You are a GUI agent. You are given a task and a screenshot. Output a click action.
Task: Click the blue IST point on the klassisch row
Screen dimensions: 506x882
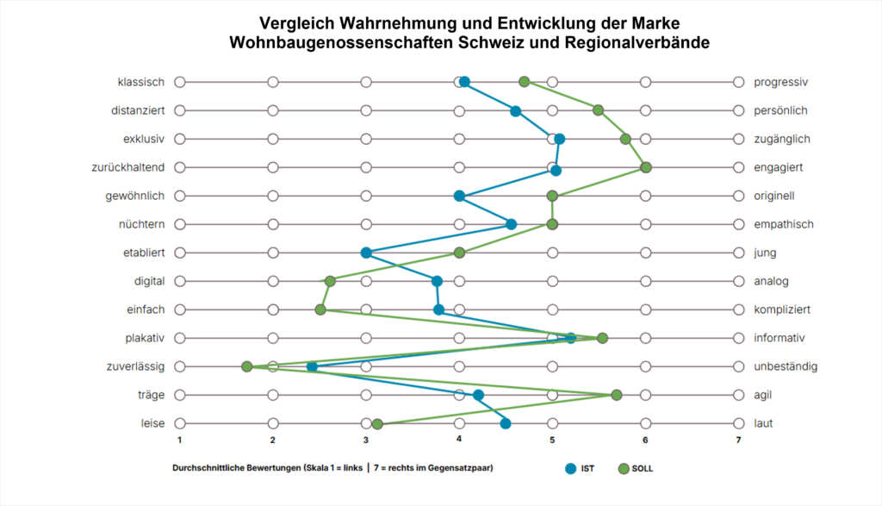464,82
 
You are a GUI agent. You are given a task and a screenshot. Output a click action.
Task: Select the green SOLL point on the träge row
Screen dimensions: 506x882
617,395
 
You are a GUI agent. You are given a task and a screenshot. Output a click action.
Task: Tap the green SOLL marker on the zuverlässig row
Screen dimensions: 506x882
247,366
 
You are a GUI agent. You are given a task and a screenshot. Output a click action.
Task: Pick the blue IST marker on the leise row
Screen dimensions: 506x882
506,423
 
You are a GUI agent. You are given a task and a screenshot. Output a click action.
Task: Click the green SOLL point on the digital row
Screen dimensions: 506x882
330,281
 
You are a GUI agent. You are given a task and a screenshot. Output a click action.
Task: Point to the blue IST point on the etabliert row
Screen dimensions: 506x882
366,253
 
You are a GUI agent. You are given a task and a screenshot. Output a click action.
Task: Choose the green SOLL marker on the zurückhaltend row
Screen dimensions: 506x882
646,167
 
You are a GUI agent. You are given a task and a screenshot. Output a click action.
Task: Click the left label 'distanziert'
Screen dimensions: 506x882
138,110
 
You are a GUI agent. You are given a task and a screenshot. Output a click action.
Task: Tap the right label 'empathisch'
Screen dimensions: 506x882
783,224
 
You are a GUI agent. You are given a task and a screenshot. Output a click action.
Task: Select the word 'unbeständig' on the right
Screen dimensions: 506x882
786,366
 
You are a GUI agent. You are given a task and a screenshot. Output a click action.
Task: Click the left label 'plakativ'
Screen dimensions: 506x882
144,338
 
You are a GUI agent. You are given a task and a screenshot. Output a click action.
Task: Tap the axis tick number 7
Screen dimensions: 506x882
738,440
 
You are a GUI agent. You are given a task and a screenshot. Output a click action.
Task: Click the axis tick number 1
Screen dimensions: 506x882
180,440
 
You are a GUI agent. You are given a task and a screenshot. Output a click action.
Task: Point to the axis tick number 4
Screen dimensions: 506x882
459,440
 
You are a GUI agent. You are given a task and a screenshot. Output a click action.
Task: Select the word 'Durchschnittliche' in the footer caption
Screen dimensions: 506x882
204,468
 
